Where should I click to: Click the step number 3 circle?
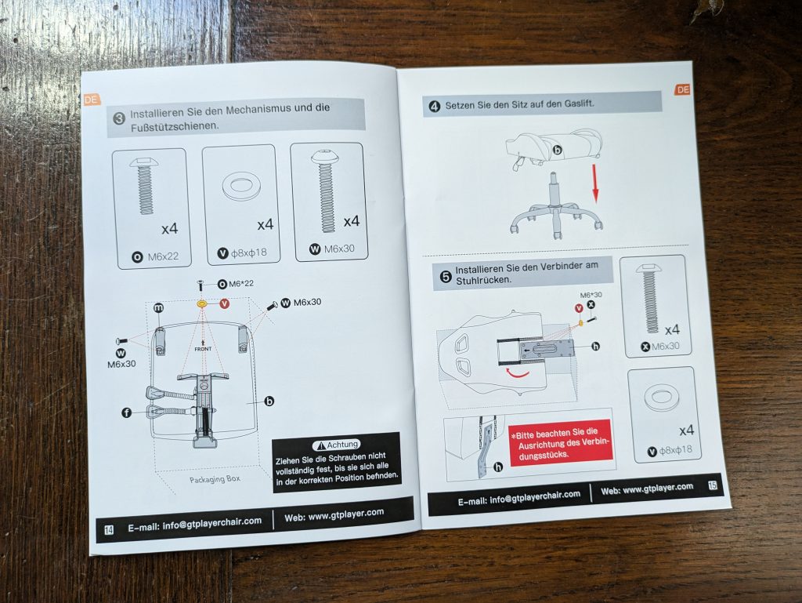pos(119,118)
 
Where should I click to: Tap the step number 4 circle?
pos(434,107)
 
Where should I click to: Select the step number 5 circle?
pos(446,277)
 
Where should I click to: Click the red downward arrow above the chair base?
pos(595,183)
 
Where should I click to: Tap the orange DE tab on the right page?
pos(683,89)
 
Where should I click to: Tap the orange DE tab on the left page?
pos(92,100)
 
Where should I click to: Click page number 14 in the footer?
pos(109,530)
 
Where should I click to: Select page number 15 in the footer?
pos(713,485)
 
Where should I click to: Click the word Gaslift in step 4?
pos(579,103)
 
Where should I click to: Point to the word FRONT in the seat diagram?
pos(203,349)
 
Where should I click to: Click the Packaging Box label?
pos(215,480)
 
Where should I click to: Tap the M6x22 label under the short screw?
pos(163,256)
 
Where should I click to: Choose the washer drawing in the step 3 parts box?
pos(240,187)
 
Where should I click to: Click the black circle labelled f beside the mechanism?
pos(126,412)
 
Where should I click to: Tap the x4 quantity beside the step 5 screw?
pos(672,329)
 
